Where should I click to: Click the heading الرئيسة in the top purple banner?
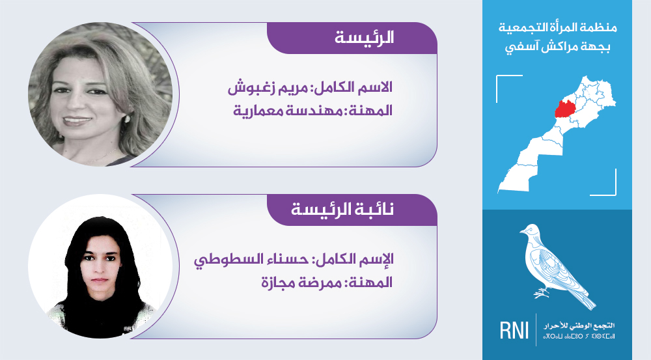tap(364, 38)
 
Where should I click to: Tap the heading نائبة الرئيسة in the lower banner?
tap(342, 209)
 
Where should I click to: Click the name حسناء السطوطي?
tap(253, 259)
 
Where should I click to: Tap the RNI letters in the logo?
tap(514, 331)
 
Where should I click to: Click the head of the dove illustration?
tap(530, 230)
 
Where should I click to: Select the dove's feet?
tap(541, 293)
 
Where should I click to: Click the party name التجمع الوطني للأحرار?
tap(579, 325)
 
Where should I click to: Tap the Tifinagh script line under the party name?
tap(579, 335)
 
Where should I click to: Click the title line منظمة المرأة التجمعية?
tap(558, 28)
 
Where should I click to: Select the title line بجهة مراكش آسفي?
tap(558, 46)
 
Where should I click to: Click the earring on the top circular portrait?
tap(128, 119)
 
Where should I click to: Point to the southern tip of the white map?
tap(499, 191)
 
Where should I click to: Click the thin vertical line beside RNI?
tap(536, 329)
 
